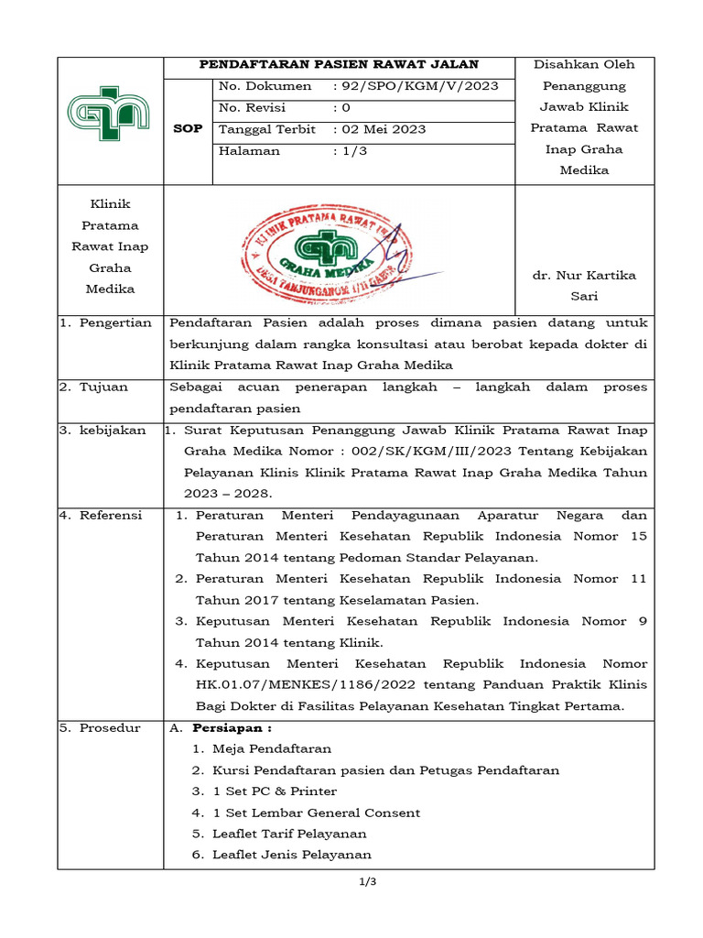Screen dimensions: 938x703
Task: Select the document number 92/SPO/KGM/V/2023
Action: [x=420, y=86]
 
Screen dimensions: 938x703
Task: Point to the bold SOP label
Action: [x=187, y=129]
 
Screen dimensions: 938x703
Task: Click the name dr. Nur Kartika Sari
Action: [x=584, y=286]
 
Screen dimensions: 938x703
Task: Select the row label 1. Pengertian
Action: [x=105, y=322]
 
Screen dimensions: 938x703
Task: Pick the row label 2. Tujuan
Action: [x=94, y=387]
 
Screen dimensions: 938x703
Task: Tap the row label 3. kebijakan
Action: [x=103, y=431]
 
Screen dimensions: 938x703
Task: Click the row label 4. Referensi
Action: [x=101, y=516]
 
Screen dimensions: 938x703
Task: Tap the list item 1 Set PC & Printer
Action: [x=274, y=791]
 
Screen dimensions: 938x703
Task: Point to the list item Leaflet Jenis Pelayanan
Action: [x=291, y=855]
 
